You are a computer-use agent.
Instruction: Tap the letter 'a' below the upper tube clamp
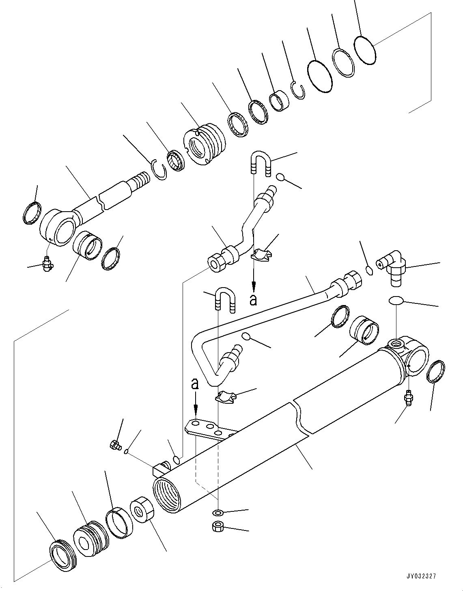(x=254, y=300)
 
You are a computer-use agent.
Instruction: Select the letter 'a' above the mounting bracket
(x=195, y=383)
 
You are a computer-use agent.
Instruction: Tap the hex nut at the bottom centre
(x=218, y=527)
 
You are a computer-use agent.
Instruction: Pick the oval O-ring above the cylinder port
(x=396, y=300)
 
